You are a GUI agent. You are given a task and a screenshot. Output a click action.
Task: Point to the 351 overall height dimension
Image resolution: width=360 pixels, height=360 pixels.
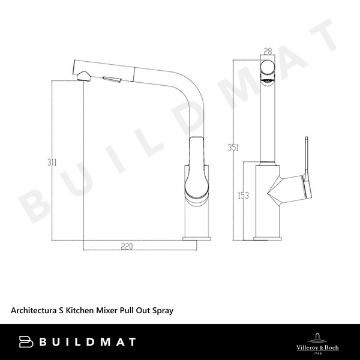pyautogui.click(x=239, y=148)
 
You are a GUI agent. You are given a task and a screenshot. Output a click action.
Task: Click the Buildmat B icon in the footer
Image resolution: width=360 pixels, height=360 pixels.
pyautogui.click(x=25, y=342)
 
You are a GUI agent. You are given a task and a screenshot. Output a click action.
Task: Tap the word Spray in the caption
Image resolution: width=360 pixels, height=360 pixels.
pyautogui.click(x=163, y=311)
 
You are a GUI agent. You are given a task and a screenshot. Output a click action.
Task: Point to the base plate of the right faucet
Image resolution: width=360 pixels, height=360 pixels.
pyautogui.click(x=268, y=238)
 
